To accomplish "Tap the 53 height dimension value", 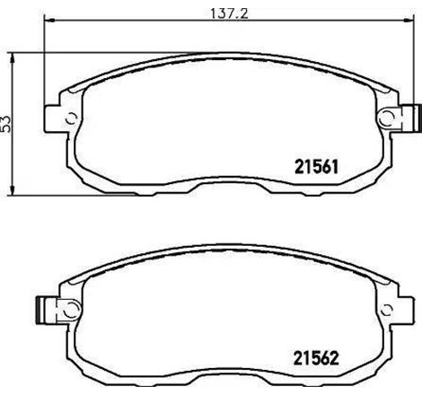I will coord(8,124).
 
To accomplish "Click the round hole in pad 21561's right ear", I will coord(388,117).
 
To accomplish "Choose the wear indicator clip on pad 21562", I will coord(40,308).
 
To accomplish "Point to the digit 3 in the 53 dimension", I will coord(8,118).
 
